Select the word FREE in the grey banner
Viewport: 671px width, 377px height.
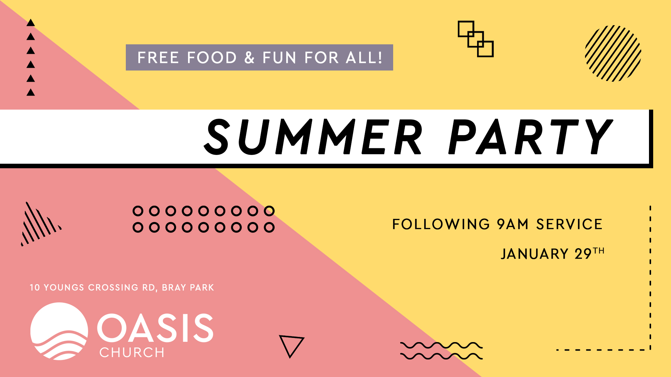coord(158,58)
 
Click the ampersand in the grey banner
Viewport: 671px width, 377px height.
coord(250,58)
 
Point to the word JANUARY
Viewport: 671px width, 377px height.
coord(535,254)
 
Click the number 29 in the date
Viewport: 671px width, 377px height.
coord(583,254)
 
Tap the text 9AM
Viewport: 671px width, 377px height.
coord(513,224)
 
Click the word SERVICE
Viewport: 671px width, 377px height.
coord(569,224)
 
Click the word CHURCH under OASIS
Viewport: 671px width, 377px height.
coord(132,353)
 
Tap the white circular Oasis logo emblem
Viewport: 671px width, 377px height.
coord(59,331)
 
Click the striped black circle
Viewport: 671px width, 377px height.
coord(613,53)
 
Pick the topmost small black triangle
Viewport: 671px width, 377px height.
coord(31,23)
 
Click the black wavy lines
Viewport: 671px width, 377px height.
coord(441,351)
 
